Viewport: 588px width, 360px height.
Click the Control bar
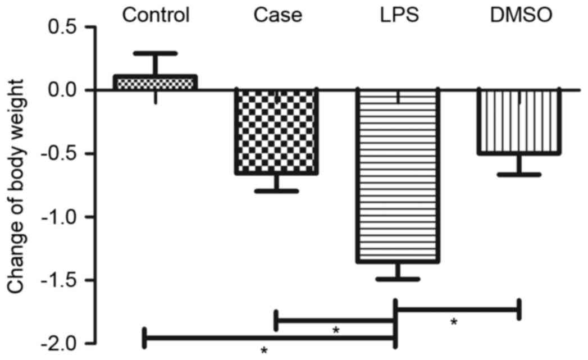[156, 82]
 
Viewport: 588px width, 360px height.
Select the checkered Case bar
[276, 131]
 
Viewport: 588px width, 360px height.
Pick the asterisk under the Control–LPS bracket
[263, 351]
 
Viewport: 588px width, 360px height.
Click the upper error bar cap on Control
[156, 53]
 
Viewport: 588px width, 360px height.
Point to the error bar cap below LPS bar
[398, 279]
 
